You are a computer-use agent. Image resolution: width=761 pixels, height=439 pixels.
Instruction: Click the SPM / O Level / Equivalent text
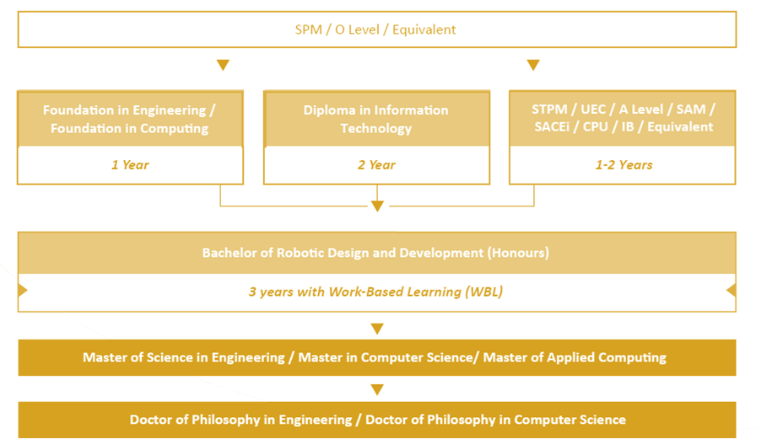[375, 29]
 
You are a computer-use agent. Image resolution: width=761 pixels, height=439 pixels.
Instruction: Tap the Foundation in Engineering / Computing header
[130, 119]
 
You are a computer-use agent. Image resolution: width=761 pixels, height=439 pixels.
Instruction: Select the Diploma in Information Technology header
[376, 119]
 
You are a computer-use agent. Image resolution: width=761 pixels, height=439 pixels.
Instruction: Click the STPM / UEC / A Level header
[623, 119]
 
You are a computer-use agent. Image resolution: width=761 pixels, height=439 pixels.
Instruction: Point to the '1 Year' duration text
[130, 165]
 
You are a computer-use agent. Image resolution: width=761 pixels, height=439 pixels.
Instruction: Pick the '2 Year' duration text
[376, 165]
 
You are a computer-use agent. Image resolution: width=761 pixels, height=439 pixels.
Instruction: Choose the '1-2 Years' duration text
[623, 165]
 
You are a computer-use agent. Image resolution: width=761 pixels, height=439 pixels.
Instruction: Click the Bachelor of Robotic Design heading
[375, 253]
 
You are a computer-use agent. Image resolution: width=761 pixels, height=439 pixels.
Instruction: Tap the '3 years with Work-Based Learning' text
[375, 292]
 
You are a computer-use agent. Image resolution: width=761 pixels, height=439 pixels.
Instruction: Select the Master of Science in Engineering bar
[377, 357]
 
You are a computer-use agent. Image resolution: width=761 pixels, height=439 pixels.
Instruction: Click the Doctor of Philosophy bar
[377, 420]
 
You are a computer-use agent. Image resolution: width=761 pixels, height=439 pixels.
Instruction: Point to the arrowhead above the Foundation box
[223, 65]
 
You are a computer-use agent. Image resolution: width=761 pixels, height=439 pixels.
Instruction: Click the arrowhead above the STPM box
[533, 65]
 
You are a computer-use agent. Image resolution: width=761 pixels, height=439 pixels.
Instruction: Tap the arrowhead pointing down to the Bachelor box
[377, 206]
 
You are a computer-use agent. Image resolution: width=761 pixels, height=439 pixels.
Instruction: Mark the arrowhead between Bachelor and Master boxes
[377, 329]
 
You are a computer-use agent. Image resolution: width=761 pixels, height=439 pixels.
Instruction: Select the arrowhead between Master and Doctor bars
[377, 389]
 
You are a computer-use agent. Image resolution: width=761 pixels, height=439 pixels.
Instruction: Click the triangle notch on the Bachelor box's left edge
[22, 290]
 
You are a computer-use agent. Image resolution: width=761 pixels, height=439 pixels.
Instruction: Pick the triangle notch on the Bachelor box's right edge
[731, 290]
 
